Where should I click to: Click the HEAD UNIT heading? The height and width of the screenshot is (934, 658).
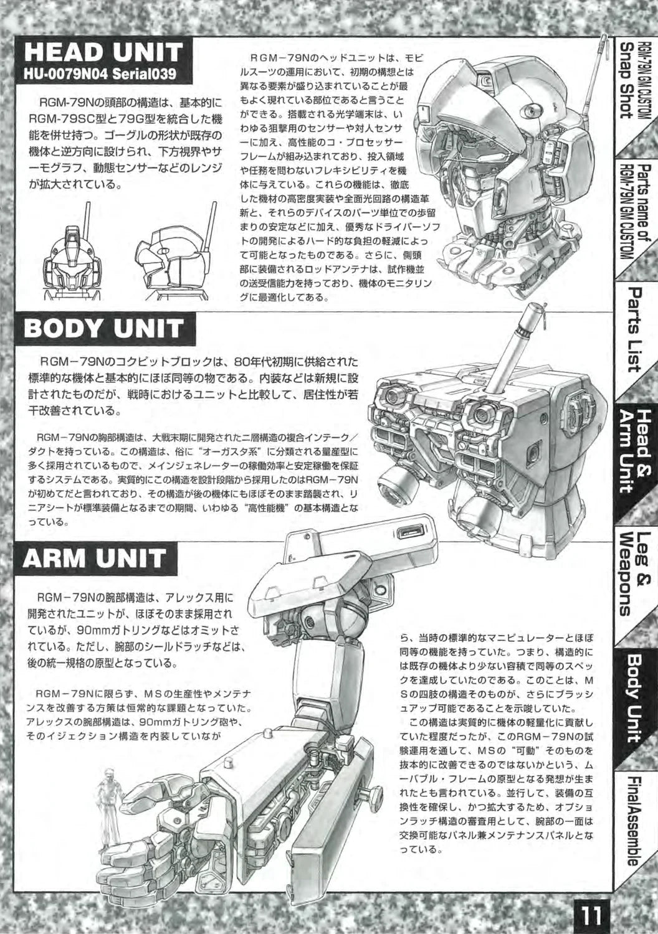point(103,52)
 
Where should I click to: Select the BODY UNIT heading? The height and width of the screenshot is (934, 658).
point(104,328)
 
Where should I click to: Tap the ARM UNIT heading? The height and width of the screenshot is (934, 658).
point(94,558)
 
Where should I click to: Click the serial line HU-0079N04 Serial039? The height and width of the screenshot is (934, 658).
point(100,74)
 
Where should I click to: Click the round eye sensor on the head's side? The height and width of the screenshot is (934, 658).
point(531,110)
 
